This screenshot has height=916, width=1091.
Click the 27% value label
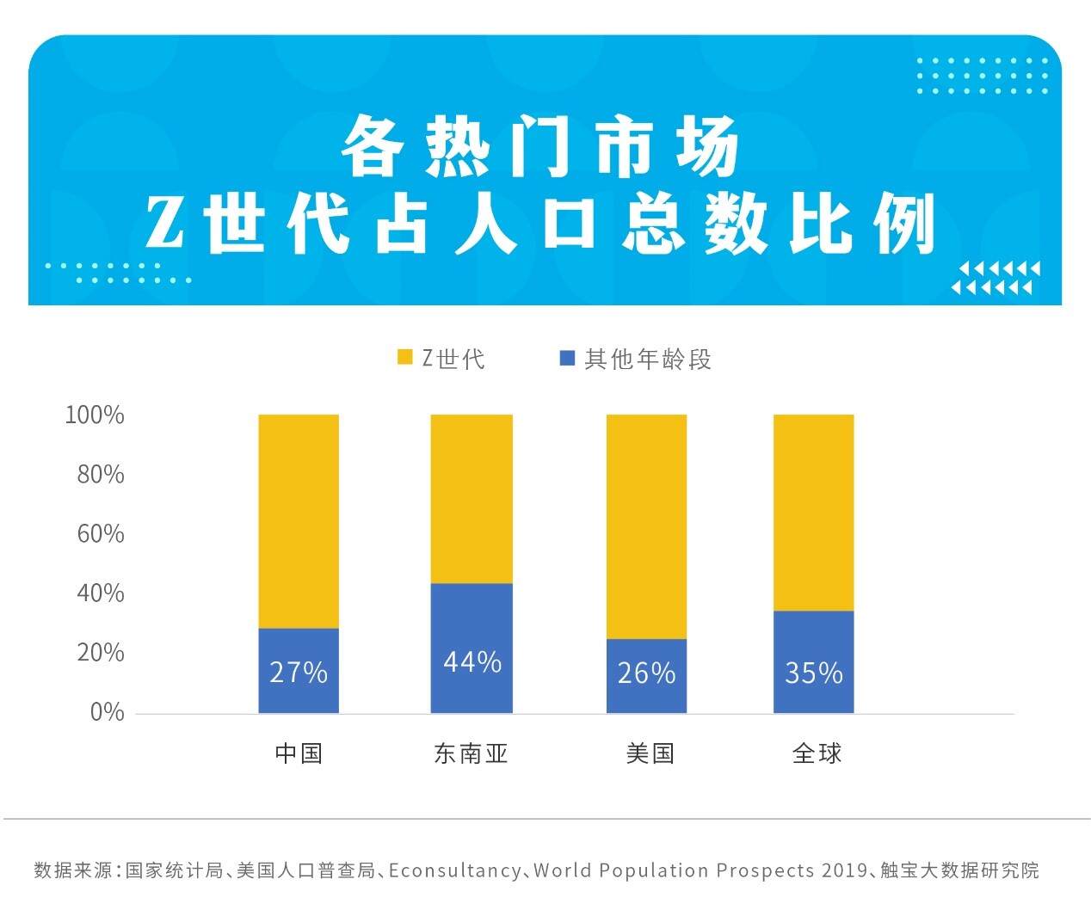click(299, 672)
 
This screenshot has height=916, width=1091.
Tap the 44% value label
click(472, 661)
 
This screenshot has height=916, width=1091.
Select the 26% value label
click(646, 673)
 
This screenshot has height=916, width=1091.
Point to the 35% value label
click(813, 673)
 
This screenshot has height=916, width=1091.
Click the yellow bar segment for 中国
click(299, 521)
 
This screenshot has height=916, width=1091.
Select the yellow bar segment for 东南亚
click(472, 499)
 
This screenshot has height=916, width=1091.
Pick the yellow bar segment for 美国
click(646, 526)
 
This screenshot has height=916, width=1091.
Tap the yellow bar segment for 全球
click(813, 513)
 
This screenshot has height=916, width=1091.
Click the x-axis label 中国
click(299, 753)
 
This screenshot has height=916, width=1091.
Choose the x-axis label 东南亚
click(472, 753)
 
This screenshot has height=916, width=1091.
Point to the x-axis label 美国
click(650, 753)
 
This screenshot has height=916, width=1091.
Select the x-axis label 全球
click(817, 753)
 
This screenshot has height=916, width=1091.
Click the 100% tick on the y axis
click(95, 415)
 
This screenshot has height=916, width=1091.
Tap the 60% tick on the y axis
click(101, 534)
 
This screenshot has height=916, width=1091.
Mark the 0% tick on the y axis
click(107, 712)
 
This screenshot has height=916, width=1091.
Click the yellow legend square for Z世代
click(405, 357)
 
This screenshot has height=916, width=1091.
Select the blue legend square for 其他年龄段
click(567, 357)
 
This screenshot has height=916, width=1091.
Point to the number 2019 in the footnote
click(844, 870)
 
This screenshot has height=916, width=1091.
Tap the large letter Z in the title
click(164, 223)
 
